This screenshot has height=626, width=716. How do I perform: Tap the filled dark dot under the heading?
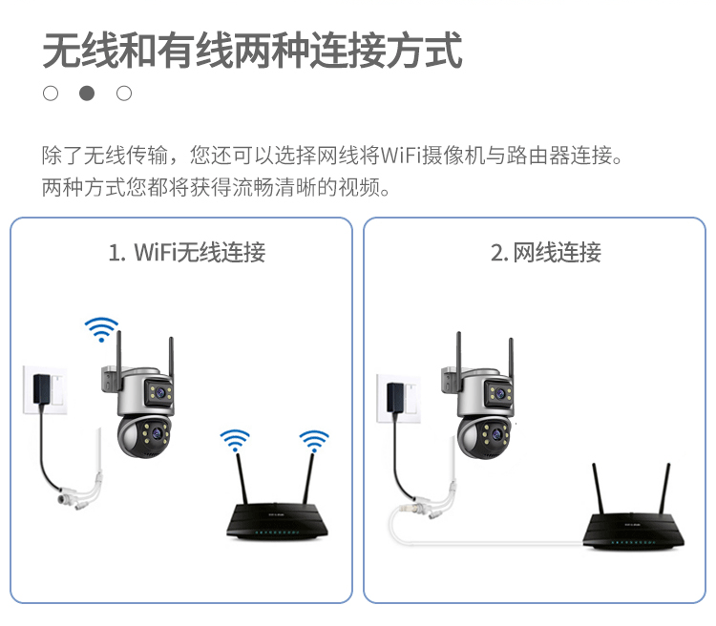coord(87,94)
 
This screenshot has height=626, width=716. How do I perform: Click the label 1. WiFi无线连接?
coord(186,253)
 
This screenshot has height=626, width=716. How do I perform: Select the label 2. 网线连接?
coord(545,253)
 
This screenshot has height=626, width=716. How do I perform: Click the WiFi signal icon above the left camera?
coord(100,329)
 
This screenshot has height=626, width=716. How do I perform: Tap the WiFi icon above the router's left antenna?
coord(235,441)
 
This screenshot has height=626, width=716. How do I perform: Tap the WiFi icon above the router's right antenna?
coord(313,441)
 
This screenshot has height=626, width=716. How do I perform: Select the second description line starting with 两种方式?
coord(217,186)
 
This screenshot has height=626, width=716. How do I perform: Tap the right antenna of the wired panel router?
coord(668,487)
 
